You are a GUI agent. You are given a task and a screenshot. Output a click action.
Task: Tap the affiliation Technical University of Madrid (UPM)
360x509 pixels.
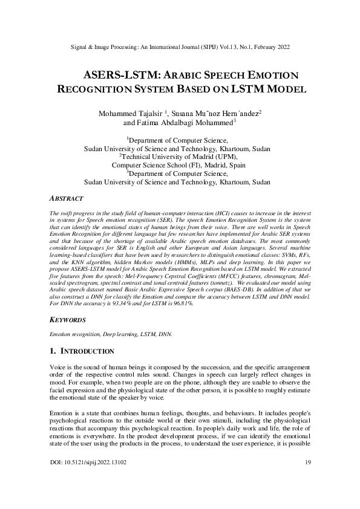pos(179,156)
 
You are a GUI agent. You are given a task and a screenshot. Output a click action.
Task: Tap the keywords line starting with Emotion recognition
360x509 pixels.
pos(110,333)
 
